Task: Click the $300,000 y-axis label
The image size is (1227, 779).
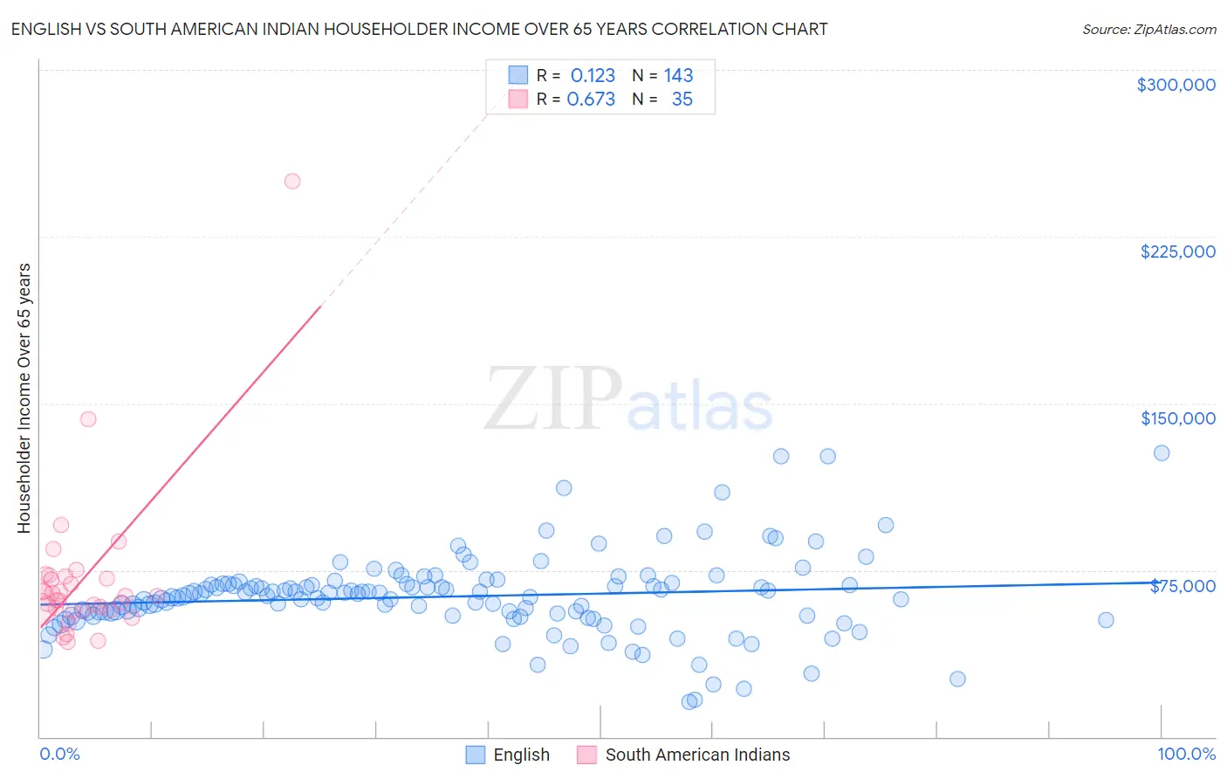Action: point(1176,85)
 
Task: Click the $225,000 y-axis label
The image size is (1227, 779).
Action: point(1177,252)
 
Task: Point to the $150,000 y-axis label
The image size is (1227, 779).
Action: point(1177,418)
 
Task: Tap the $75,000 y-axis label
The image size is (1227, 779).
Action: point(1182,585)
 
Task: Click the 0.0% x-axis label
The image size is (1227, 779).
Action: point(59,754)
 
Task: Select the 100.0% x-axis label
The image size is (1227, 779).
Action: point(1186,754)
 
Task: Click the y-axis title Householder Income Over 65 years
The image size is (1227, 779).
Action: point(24,397)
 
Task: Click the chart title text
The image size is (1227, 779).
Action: point(419,29)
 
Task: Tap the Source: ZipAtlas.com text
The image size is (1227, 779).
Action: point(1148,29)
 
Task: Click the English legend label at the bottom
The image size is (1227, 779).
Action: point(521,755)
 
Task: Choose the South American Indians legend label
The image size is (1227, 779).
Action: point(697,755)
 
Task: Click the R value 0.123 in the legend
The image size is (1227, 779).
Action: point(593,75)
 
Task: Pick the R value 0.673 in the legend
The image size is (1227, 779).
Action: point(591,100)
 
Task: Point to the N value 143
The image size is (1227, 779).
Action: point(678,75)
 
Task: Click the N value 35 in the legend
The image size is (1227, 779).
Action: point(682,100)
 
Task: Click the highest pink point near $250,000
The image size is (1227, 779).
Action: point(292,182)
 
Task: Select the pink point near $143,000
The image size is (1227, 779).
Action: point(88,419)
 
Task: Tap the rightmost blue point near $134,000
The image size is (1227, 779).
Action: point(1162,453)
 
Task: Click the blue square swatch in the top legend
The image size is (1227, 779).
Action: point(518,75)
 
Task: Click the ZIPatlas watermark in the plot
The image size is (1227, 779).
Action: point(628,399)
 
